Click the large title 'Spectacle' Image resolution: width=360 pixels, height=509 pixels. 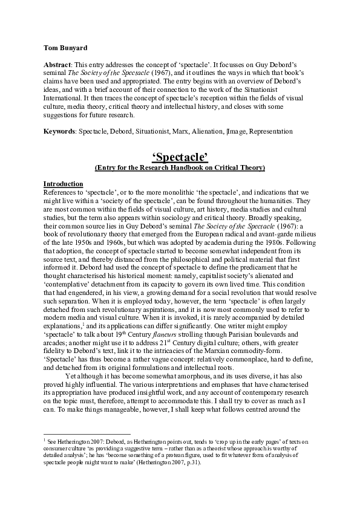click(x=180, y=158)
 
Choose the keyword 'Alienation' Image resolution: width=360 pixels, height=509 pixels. click(x=205, y=131)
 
